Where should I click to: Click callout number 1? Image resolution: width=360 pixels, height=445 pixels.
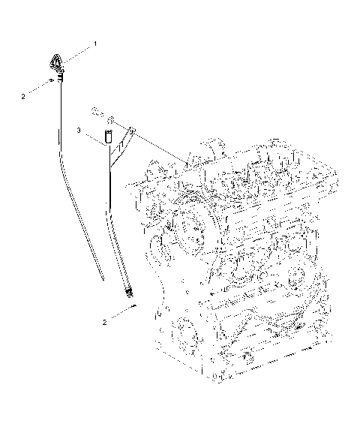click(95, 45)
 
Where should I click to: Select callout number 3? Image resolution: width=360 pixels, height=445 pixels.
click(79, 131)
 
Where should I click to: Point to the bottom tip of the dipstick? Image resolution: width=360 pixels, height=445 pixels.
click(102, 278)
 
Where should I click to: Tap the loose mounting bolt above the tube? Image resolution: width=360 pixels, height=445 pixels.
click(96, 112)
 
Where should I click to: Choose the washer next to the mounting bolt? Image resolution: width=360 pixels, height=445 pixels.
click(110, 119)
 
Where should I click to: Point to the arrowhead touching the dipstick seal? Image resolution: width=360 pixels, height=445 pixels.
click(52, 79)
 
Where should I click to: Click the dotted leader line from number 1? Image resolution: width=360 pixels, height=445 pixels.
click(78, 50)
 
